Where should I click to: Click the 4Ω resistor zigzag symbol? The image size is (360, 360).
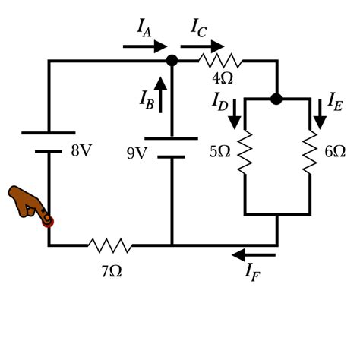click(220, 60)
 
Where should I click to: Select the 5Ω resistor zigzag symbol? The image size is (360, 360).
click(245, 151)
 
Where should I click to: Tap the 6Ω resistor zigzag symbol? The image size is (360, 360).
click(310, 151)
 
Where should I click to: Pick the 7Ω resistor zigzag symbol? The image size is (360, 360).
click(110, 245)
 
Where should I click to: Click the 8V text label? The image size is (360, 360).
click(81, 150)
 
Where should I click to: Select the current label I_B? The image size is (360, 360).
click(147, 98)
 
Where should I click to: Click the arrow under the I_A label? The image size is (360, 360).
click(145, 46)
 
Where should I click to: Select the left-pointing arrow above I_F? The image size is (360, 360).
click(254, 254)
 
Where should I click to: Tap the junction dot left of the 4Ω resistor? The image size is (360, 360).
click(172, 60)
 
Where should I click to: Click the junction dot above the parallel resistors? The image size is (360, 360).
click(276, 98)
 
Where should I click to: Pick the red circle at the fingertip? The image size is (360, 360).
click(48, 221)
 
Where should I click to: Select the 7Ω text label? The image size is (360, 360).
click(111, 270)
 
